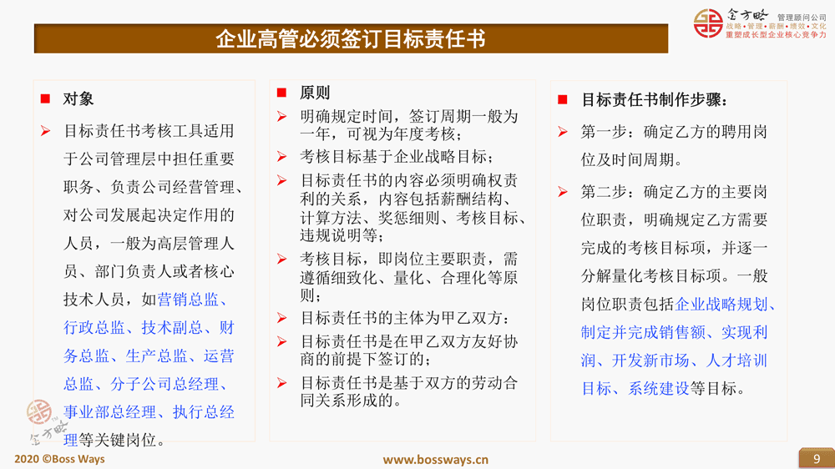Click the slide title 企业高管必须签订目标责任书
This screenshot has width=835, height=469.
(x=351, y=39)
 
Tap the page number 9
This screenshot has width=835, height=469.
(x=817, y=459)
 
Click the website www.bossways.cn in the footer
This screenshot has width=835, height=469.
(x=436, y=460)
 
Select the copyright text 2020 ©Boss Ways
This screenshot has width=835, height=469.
(x=59, y=459)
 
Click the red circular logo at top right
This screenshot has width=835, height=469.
(x=708, y=23)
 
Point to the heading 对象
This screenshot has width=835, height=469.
(x=78, y=98)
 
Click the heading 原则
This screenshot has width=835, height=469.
(x=315, y=93)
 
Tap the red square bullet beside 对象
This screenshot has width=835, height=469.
(x=45, y=98)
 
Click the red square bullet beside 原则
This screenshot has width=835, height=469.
(x=281, y=93)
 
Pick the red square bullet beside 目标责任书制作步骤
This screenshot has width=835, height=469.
(x=562, y=99)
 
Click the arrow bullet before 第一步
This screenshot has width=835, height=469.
(x=563, y=132)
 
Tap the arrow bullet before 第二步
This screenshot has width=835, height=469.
(x=563, y=192)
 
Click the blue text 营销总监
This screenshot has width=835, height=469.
(x=188, y=300)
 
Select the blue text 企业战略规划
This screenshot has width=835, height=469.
(x=721, y=304)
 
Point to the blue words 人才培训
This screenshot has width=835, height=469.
(x=736, y=361)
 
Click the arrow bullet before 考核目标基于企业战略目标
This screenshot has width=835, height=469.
(x=282, y=157)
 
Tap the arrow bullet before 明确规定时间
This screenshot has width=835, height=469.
(x=282, y=116)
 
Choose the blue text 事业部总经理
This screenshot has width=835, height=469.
(x=109, y=412)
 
